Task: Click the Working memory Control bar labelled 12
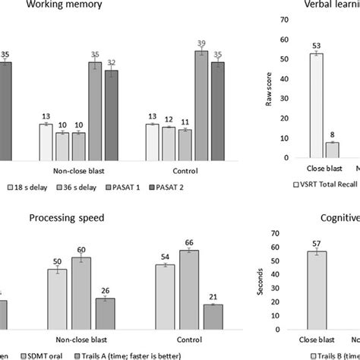coord(169,144)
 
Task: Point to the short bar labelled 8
coord(332,150)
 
